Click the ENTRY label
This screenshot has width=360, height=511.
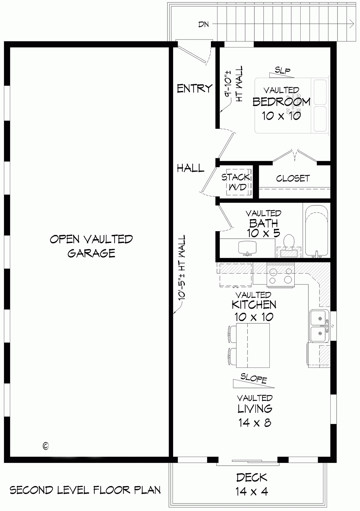click(194, 89)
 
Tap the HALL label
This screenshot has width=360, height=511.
click(190, 168)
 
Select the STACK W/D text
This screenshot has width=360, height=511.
click(235, 182)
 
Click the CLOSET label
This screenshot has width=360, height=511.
click(292, 178)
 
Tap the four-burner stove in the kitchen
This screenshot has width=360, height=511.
click(281, 276)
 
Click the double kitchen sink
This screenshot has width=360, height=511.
click(319, 326)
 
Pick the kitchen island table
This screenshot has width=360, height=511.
click(252, 345)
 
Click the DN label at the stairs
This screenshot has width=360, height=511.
click(203, 24)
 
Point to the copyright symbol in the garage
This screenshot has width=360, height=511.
click(46, 446)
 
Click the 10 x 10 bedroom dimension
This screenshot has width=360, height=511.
click(281, 116)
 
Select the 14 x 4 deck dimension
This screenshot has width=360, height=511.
click(251, 491)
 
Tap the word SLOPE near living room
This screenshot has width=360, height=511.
click(254, 379)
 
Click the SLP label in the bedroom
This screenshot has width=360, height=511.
click(283, 71)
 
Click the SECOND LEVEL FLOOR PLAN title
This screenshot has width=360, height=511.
click(85, 490)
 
